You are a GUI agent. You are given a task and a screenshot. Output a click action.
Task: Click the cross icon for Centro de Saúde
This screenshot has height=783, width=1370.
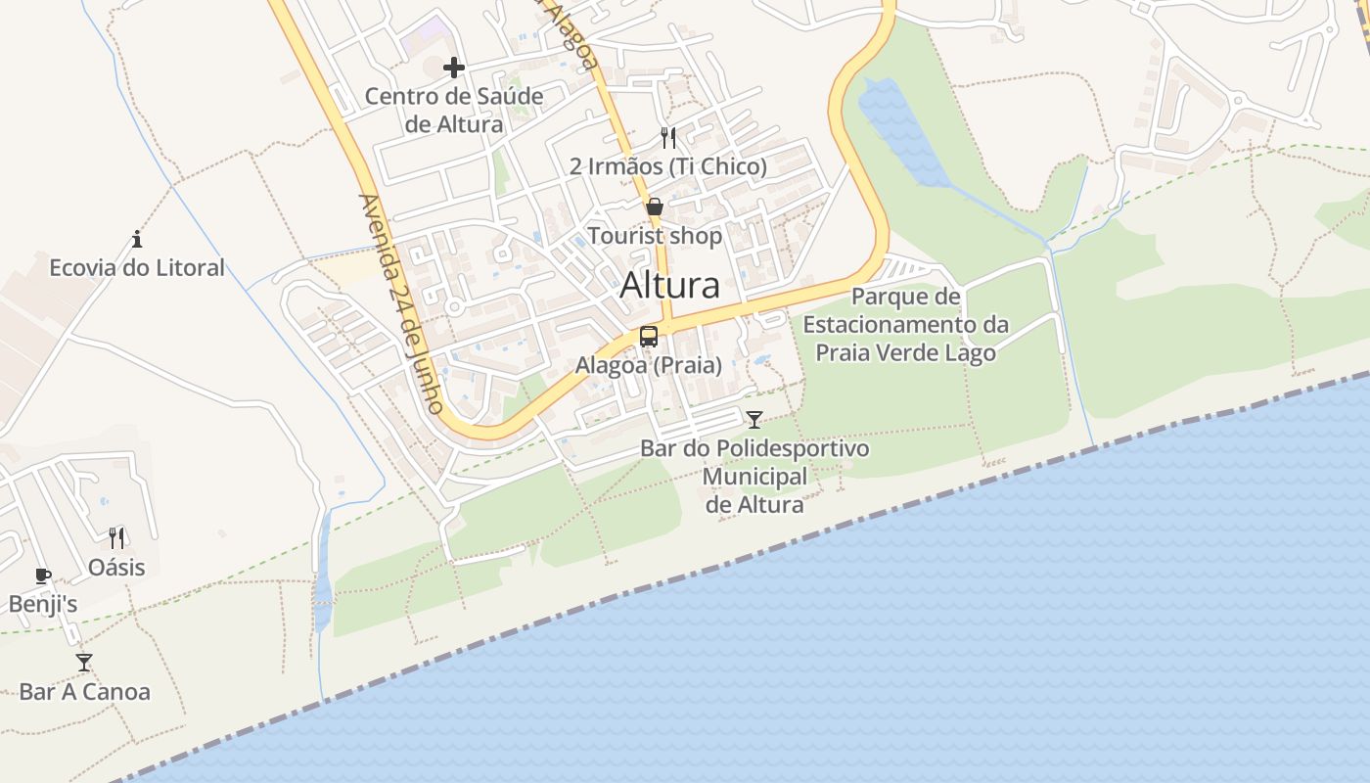(454, 68)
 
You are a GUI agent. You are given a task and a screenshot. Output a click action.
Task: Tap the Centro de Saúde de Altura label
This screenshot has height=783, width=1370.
(454, 111)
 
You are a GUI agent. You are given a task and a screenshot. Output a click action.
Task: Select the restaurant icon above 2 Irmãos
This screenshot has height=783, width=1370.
(668, 137)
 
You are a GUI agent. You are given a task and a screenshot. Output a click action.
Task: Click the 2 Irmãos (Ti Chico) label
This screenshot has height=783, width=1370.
(668, 166)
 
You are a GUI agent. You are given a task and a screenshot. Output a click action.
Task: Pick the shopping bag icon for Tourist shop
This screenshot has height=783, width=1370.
(655, 207)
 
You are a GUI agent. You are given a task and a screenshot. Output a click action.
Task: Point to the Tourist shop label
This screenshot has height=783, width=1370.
(655, 236)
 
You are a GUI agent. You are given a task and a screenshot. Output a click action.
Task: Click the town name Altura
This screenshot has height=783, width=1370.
(670, 285)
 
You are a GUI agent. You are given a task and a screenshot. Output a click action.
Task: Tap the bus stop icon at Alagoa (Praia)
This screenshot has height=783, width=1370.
(649, 337)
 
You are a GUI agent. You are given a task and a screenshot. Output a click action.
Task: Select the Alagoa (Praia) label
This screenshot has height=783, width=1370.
(649, 365)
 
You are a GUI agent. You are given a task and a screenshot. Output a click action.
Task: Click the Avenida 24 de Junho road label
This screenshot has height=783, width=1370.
(401, 303)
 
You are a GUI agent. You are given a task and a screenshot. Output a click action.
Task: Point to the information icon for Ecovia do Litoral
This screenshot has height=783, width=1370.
(137, 239)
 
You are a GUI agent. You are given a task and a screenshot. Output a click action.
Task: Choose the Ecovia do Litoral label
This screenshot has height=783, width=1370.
(137, 267)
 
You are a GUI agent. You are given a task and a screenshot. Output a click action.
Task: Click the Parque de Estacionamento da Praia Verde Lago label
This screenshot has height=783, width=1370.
(906, 324)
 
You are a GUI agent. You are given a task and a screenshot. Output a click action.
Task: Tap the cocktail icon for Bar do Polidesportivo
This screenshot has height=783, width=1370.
(754, 420)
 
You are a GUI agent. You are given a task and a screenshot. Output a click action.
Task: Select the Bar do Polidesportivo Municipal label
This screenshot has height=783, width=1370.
(754, 477)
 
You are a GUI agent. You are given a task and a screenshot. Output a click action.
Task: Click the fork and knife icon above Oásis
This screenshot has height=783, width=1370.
(116, 537)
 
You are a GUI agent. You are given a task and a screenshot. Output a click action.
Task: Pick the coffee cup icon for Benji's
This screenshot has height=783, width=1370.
(42, 576)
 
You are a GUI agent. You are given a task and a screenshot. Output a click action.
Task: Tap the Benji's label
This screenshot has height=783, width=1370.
(43, 604)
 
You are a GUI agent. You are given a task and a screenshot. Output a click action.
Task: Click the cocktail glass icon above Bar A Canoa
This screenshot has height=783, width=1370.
(84, 663)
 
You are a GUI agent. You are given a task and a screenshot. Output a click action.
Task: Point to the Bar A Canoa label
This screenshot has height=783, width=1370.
(85, 692)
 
